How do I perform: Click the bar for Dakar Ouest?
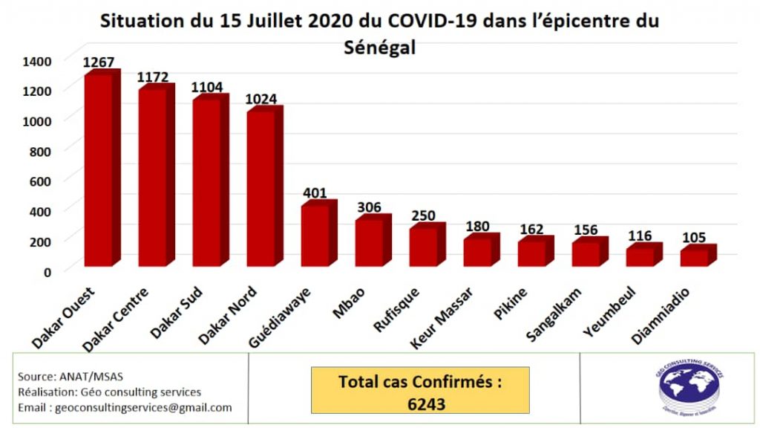98,171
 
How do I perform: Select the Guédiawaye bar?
315,235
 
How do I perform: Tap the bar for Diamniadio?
694,257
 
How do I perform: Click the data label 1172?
153,77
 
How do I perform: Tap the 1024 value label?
261,99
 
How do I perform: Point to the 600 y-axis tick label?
40,181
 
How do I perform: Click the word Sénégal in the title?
380,48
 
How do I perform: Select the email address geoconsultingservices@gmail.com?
125,407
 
